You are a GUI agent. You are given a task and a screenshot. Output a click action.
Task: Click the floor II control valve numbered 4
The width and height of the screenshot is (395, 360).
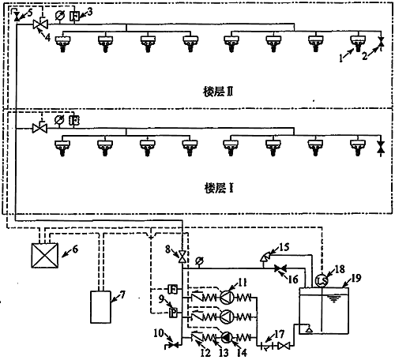(x=36, y=25)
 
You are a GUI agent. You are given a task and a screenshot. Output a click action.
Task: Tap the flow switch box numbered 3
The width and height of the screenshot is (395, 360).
(x=74, y=14)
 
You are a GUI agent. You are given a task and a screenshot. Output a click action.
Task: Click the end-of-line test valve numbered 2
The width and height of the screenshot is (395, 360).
(x=382, y=41)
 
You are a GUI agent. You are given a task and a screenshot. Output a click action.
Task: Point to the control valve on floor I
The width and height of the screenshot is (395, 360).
(x=37, y=126)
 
